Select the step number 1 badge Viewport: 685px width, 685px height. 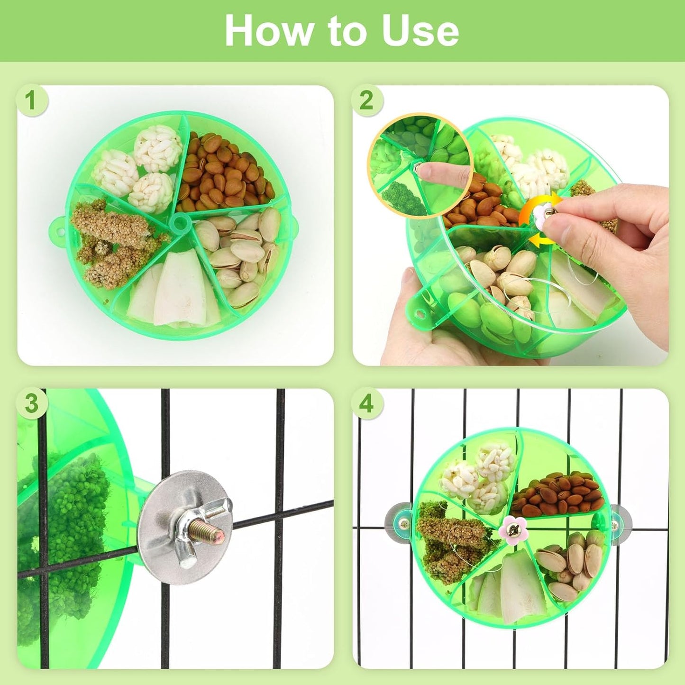tap(31, 100)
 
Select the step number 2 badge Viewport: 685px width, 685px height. tap(366, 100)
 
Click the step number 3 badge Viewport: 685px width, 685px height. tap(31, 404)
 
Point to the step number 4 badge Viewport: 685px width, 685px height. tap(366, 404)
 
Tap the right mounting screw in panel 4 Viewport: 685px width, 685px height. tap(614, 525)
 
